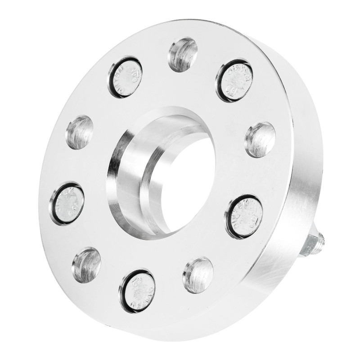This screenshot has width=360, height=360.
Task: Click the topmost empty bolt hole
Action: point(183,54)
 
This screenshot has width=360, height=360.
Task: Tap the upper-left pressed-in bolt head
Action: point(125,77)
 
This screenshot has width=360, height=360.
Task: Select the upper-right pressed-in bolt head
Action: point(234,80)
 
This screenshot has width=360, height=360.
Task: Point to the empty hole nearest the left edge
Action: point(80,132)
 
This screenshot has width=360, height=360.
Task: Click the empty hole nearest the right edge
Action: point(260,139)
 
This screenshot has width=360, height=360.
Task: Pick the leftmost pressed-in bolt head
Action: point(67,203)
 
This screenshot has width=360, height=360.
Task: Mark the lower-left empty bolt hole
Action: point(86,264)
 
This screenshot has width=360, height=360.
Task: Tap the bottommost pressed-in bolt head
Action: point(137,291)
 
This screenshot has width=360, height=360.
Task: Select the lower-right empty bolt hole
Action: point(198,274)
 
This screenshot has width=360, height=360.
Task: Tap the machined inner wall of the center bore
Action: point(130,180)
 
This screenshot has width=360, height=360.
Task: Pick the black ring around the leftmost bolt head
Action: point(52,205)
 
